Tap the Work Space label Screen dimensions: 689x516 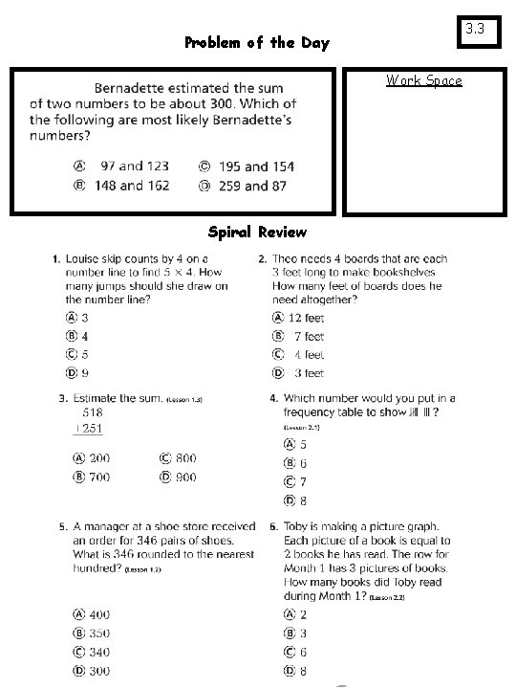click(423, 80)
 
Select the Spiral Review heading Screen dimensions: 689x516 click(257, 233)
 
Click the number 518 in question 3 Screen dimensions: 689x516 click(92, 412)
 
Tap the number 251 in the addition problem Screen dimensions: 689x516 click(92, 428)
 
